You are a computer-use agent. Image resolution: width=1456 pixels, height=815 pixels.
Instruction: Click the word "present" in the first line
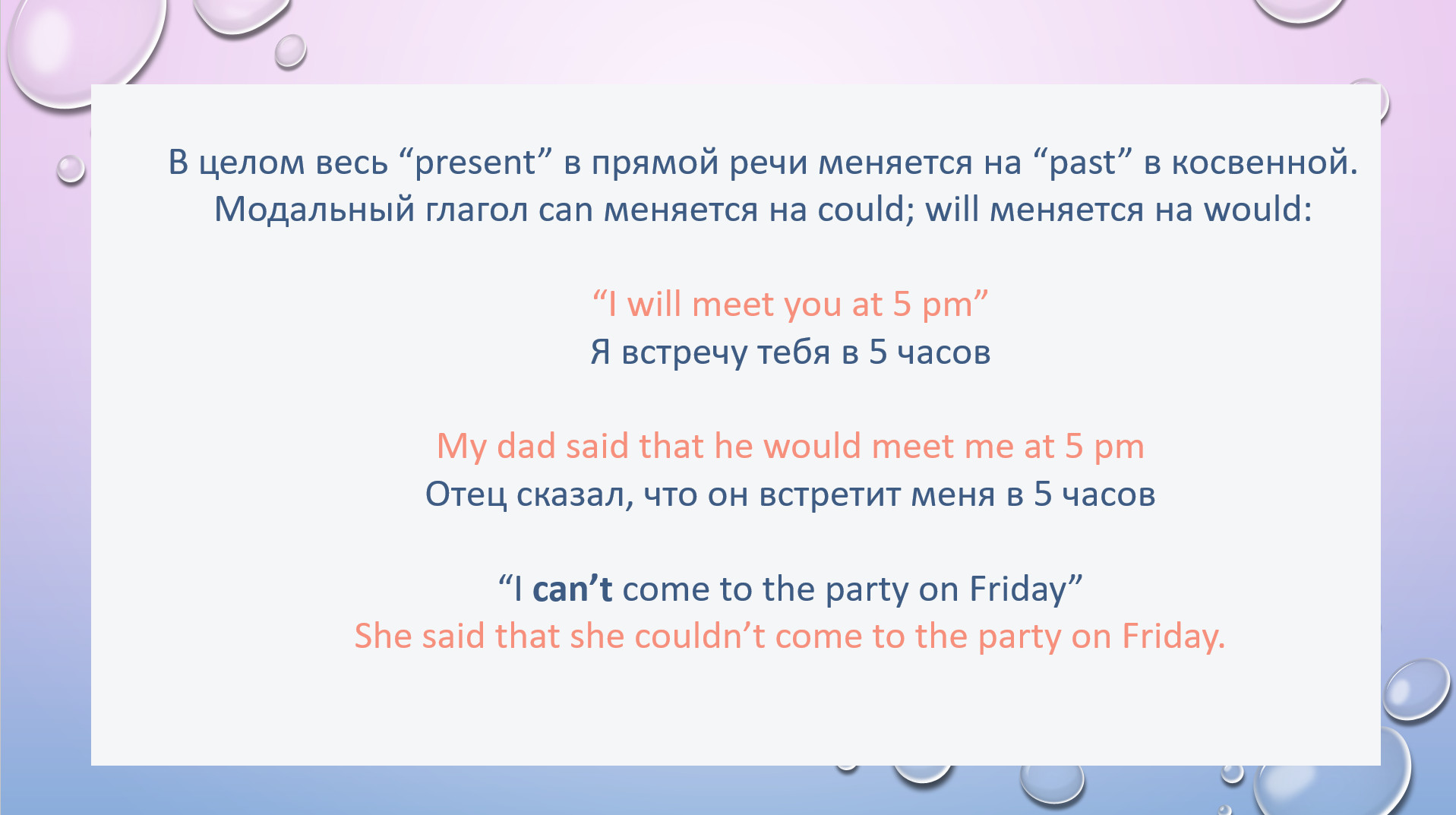point(475,163)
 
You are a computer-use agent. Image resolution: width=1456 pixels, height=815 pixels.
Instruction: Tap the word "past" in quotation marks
point(1083,163)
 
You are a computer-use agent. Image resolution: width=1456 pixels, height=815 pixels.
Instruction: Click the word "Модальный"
point(314,210)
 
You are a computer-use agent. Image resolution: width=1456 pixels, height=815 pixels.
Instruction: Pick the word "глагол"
point(476,210)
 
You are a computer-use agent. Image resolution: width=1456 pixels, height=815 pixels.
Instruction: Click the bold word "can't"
point(572,589)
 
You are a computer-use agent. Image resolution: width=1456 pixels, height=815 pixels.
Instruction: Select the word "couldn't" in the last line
point(700,636)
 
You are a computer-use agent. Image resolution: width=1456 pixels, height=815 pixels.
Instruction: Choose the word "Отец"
point(466,494)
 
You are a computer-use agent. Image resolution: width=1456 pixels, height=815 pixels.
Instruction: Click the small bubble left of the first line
point(71,169)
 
